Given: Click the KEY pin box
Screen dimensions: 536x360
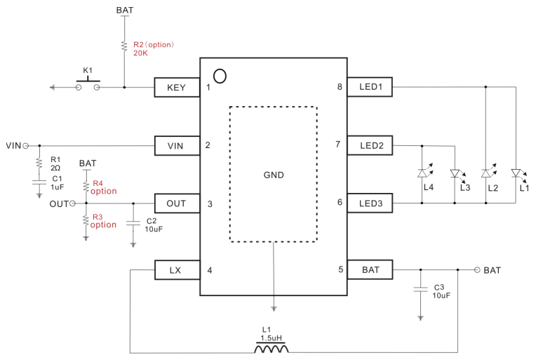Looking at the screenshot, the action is point(177,88).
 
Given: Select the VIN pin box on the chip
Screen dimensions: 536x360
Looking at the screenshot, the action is point(177,146).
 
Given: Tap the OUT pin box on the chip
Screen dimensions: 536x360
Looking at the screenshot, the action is point(177,204).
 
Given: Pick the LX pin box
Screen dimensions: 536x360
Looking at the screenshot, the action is point(177,270).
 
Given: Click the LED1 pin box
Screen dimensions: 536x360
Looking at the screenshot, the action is point(370,87).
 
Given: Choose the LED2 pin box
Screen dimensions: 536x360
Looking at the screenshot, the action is point(370,146).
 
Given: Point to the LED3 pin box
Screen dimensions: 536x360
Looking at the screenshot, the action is point(370,204).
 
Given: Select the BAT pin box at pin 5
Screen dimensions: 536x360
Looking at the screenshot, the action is point(370,269).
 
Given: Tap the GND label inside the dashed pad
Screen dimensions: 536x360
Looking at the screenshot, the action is point(274,175).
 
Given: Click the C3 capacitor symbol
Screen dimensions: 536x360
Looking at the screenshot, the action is point(420,289).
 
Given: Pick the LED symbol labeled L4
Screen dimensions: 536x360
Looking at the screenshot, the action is point(422,173).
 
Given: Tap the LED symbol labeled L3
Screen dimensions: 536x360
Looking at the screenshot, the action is point(455,173).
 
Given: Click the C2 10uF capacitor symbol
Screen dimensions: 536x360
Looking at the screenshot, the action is point(133,223).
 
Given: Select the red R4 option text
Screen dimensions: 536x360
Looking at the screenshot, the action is point(104,187).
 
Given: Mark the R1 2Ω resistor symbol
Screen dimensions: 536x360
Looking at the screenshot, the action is point(39,163).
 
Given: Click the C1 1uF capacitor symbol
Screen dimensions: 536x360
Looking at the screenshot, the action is point(39,182).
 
